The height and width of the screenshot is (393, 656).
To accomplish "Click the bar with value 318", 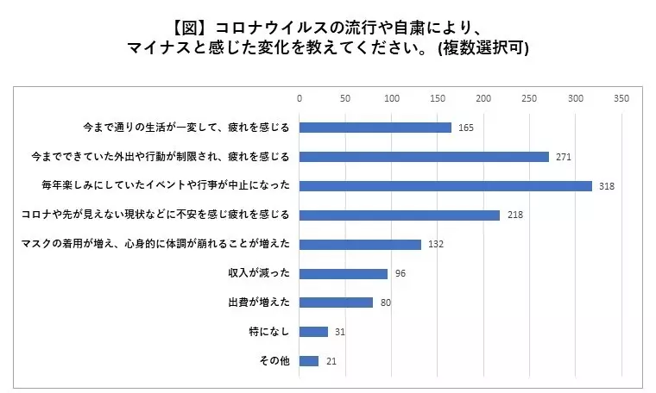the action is [445, 186].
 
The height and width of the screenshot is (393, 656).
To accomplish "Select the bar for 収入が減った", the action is [344, 273].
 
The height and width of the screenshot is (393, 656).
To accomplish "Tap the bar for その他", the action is [309, 361].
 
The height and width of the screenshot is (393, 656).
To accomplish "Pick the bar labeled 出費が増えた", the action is [336, 303].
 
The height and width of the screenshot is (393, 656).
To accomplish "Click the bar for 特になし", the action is [314, 332].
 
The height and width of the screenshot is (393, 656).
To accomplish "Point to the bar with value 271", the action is [424, 157].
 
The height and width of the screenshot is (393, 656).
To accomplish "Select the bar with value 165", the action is [375, 128].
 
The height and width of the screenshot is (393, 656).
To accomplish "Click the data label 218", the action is [515, 215].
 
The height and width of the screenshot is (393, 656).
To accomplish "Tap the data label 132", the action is [436, 244].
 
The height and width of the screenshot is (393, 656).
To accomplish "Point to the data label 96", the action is [401, 273].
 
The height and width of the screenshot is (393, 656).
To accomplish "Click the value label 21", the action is [331, 361].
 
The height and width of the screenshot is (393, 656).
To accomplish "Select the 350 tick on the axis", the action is [621, 98].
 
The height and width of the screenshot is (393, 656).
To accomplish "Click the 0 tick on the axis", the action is [300, 98].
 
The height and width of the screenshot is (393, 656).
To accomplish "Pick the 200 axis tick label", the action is [483, 98].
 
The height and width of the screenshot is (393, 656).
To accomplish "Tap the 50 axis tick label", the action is [345, 98].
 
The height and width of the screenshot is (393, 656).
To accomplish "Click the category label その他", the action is [274, 360].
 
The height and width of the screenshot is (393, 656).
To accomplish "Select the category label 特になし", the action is [269, 331].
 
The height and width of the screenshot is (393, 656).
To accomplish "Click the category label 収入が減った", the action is [259, 272].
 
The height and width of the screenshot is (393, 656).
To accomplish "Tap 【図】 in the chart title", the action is [190, 28].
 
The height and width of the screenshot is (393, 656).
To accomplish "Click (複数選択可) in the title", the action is [483, 47].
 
